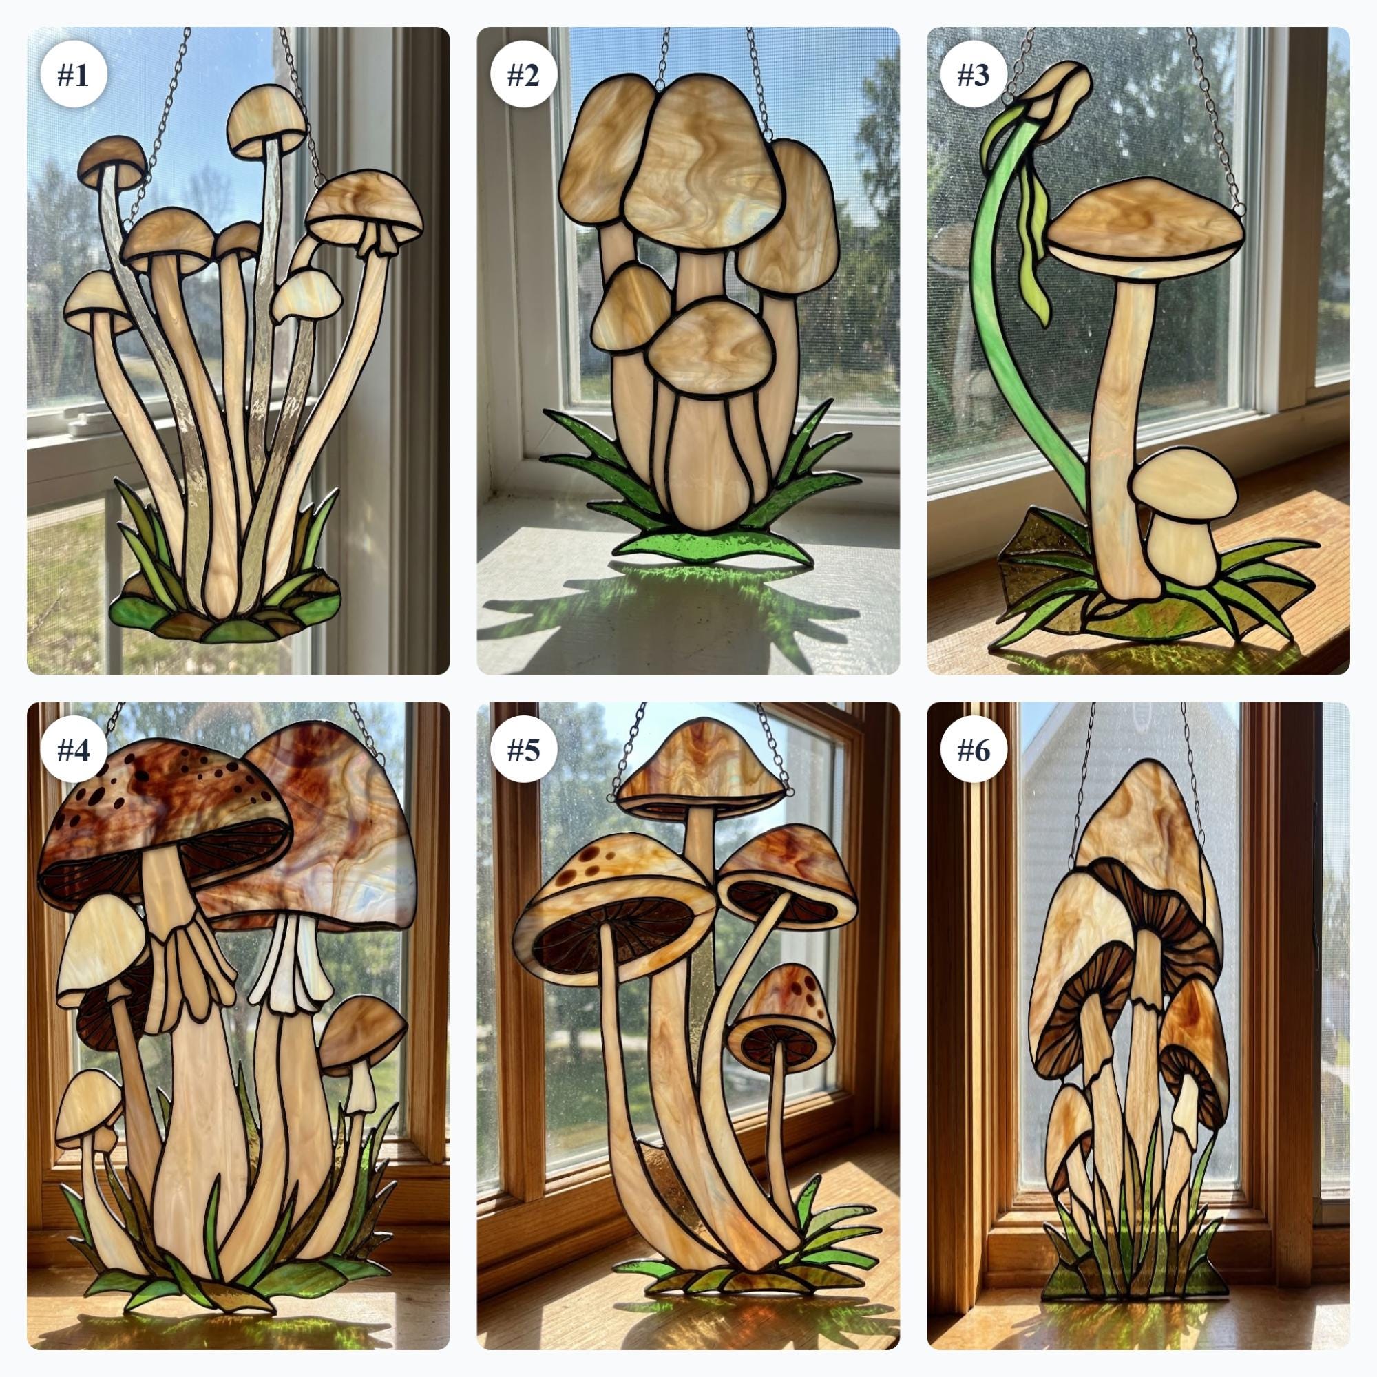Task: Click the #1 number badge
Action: [73, 74]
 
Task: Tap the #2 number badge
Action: [523, 74]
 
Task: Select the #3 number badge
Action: [973, 74]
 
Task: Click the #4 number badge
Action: [73, 749]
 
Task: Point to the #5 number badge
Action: [523, 749]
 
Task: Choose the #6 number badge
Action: [973, 749]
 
